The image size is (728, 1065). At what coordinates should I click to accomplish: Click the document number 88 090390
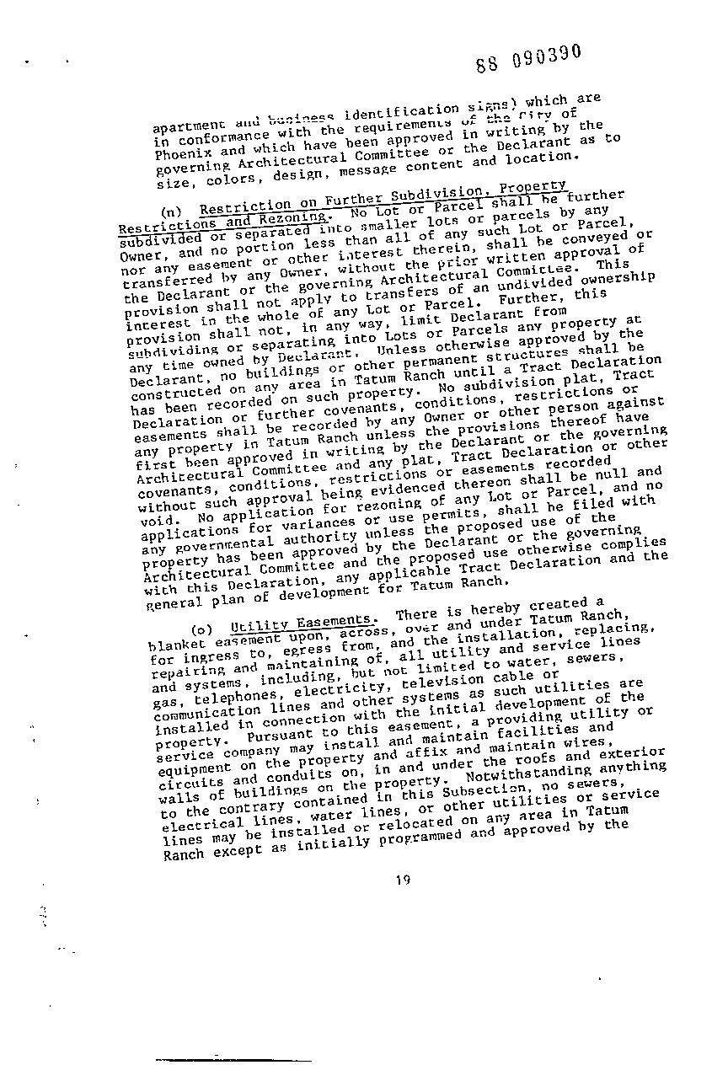click(528, 58)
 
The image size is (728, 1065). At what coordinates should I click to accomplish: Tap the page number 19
click(402, 881)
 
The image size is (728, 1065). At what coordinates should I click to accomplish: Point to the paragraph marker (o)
click(201, 629)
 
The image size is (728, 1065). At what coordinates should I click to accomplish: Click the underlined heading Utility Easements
click(302, 623)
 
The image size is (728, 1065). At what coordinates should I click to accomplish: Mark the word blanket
click(170, 646)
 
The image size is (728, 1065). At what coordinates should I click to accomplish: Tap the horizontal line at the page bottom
click(233, 1059)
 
